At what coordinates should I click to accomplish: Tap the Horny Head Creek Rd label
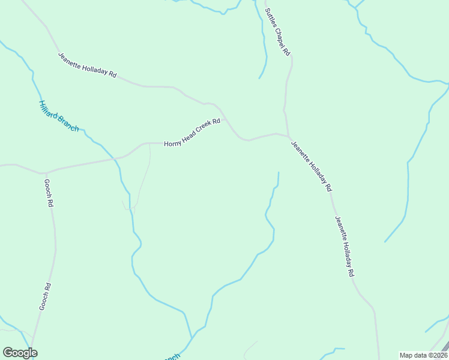193,133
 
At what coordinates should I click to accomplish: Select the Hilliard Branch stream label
58,116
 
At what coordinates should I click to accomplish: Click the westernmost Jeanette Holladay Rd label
87,65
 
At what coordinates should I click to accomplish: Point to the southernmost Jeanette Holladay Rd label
345,246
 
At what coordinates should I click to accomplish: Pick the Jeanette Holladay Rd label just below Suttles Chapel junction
311,166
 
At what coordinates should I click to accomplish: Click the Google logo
20,353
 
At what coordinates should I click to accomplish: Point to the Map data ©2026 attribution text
423,355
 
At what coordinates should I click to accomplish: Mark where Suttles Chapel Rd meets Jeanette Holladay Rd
289,136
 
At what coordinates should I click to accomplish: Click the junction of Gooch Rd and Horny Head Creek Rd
43,173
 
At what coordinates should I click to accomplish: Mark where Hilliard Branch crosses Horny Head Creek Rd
113,159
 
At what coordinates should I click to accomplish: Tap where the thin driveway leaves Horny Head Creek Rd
149,143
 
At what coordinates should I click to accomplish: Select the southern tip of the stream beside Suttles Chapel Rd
259,78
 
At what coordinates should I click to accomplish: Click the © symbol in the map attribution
430,355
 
